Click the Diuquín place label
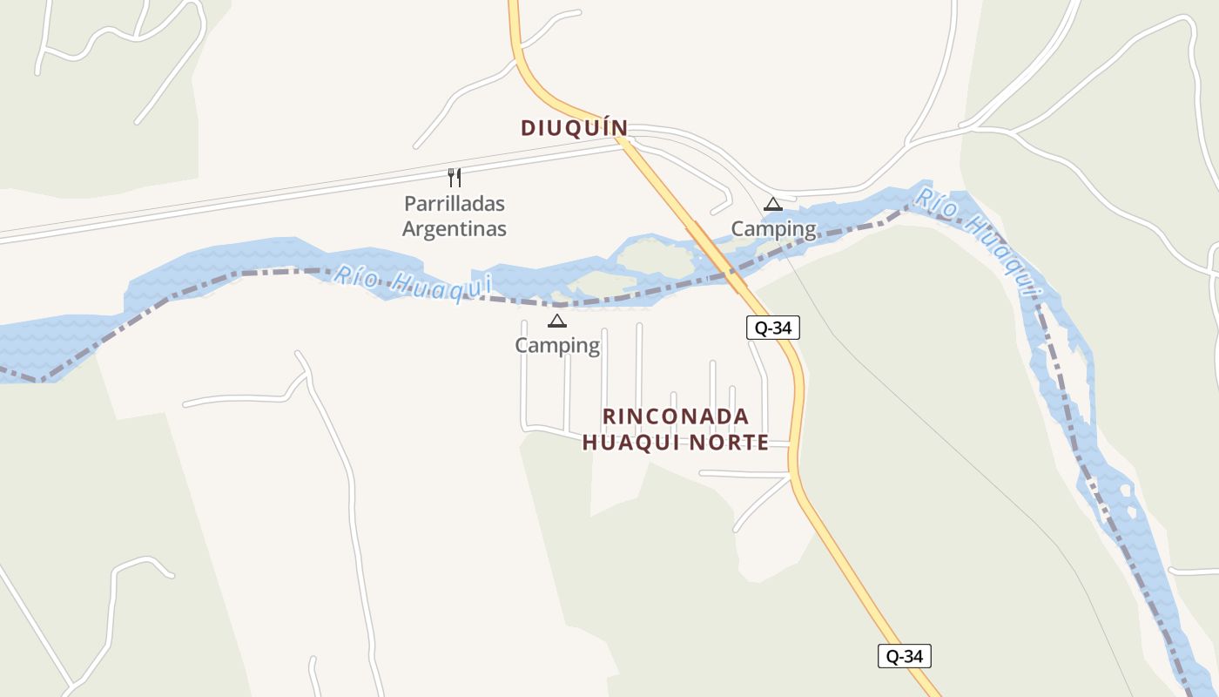click(x=574, y=128)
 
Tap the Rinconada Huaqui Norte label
click(x=676, y=430)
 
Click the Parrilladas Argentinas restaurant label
click(x=454, y=216)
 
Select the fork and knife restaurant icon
click(x=454, y=178)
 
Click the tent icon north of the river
click(x=772, y=205)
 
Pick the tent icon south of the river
click(x=557, y=321)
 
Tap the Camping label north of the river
click(x=773, y=229)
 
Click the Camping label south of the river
click(x=557, y=346)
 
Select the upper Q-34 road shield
click(x=772, y=328)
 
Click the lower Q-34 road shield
click(x=904, y=656)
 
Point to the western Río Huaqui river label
click(x=414, y=282)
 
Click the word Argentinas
click(x=454, y=229)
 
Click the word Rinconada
click(x=676, y=416)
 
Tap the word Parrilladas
click(x=454, y=204)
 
